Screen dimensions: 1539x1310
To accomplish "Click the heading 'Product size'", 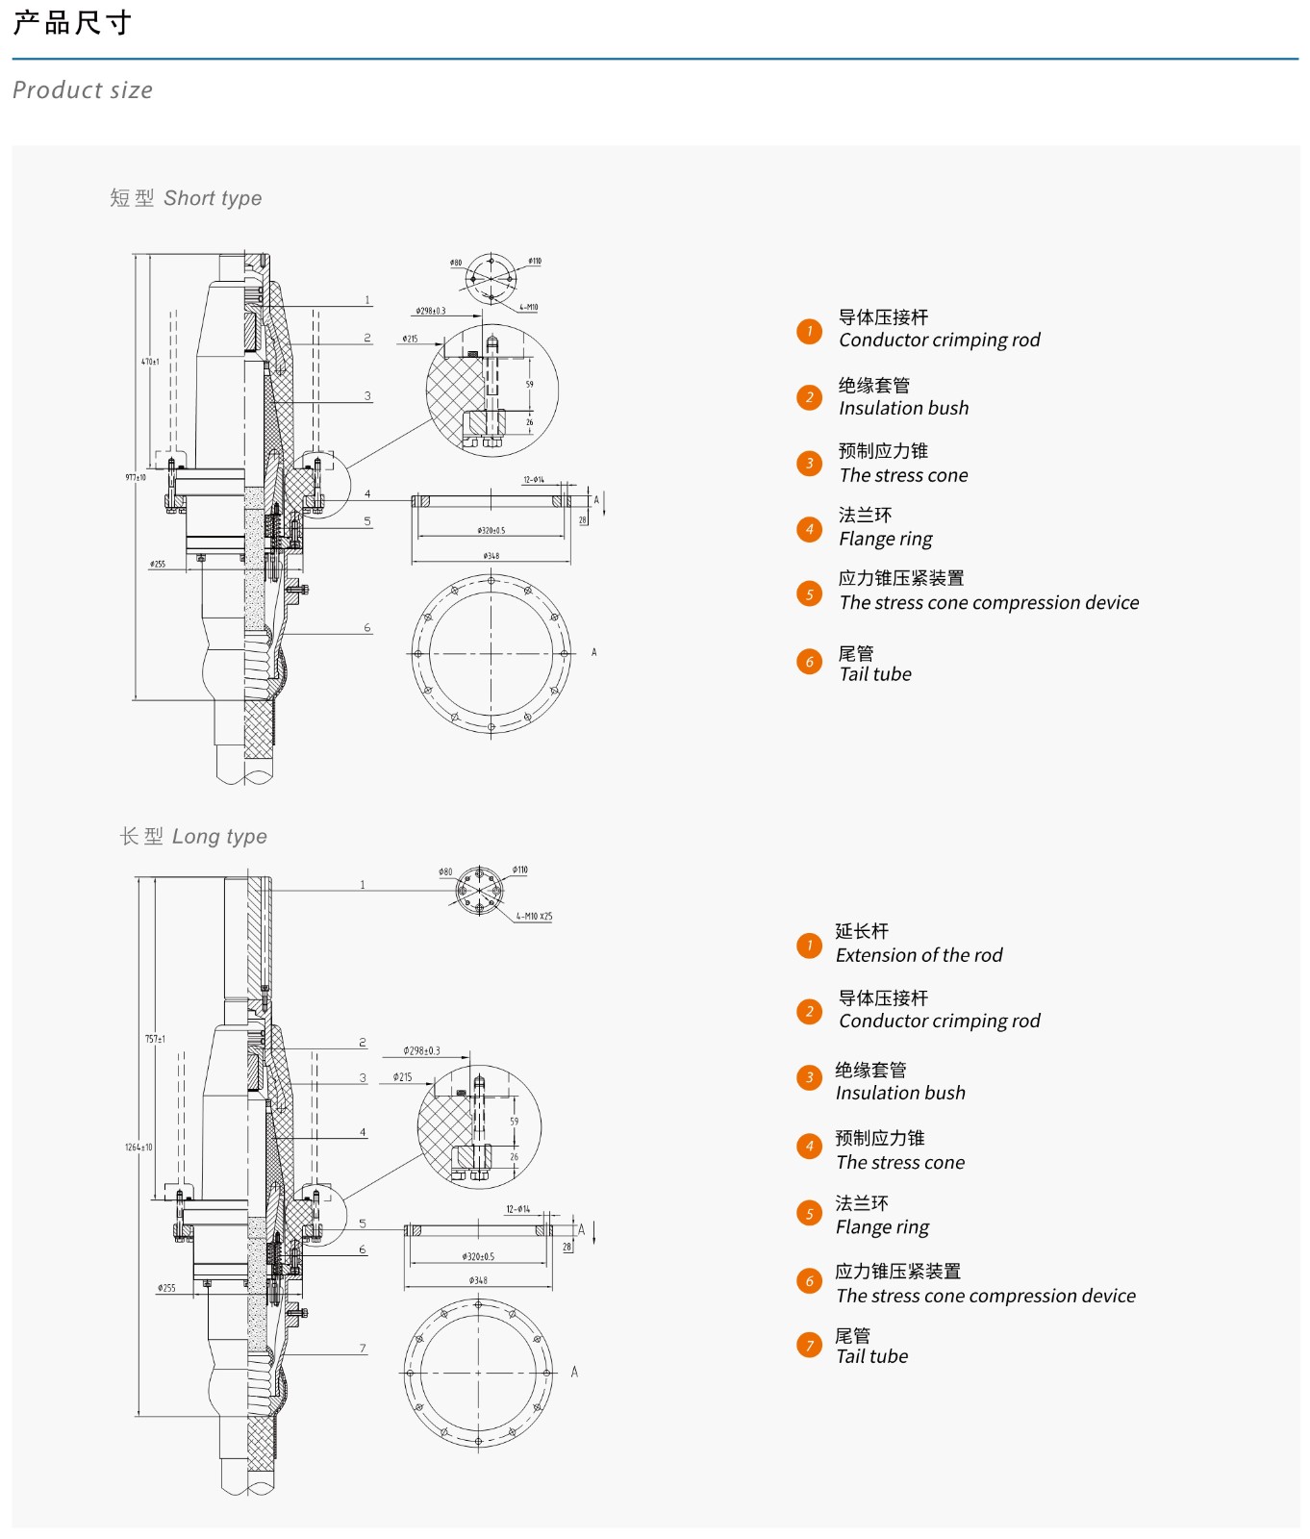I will click(x=83, y=90).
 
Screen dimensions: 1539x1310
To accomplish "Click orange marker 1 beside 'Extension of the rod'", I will click(x=810, y=946).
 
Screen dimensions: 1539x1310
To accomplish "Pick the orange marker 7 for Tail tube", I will click(x=810, y=1345).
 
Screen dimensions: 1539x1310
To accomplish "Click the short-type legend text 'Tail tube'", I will click(x=874, y=674).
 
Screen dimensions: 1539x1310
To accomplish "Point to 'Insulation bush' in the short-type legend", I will click(x=903, y=408).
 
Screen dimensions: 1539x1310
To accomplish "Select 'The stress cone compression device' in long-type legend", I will click(x=985, y=1296).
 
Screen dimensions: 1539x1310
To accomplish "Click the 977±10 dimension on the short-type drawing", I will click(x=136, y=477).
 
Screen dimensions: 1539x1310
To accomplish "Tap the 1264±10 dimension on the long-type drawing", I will click(x=139, y=1147).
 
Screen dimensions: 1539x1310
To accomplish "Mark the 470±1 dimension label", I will click(x=150, y=362).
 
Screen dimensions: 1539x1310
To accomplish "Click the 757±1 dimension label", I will click(x=155, y=1039).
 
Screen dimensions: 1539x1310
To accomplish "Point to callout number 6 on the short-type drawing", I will click(x=367, y=628).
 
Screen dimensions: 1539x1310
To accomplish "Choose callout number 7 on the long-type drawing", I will click(x=363, y=1349).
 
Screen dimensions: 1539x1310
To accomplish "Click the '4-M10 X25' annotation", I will click(x=534, y=917).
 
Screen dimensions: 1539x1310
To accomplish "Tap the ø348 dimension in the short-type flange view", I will click(x=491, y=556).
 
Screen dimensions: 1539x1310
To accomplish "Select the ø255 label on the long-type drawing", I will click(x=166, y=1288).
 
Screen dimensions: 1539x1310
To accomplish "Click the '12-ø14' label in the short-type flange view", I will click(x=534, y=479).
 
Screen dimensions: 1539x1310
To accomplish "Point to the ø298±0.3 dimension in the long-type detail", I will click(x=421, y=1050).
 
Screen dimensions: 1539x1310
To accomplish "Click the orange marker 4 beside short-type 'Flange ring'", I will click(x=810, y=529).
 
